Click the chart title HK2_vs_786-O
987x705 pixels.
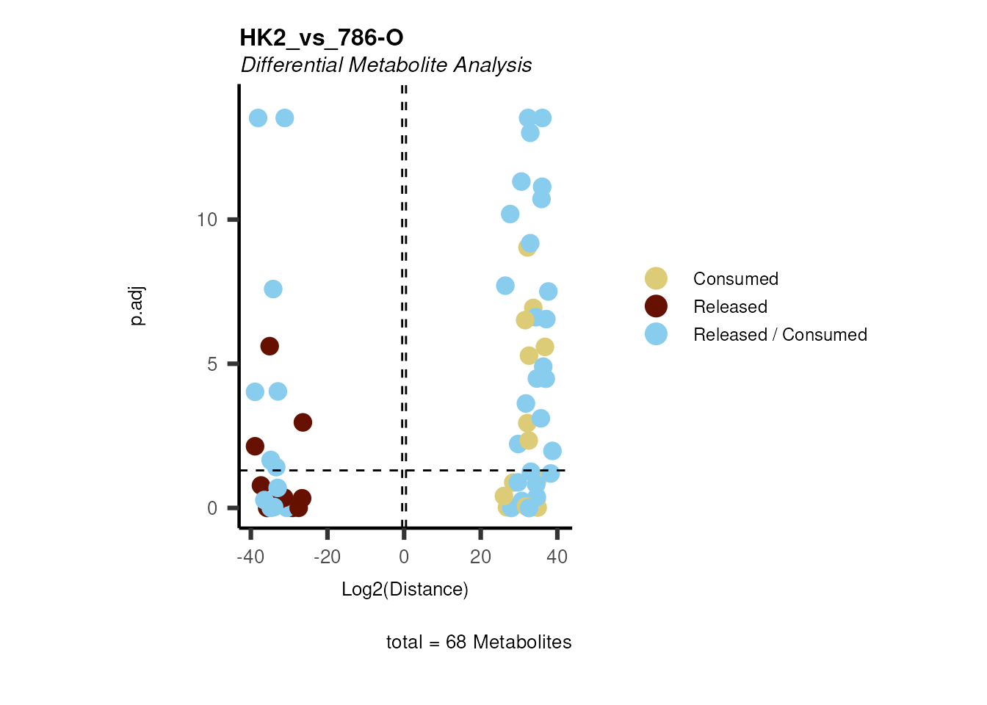tap(322, 37)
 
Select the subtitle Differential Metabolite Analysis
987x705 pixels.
tap(386, 65)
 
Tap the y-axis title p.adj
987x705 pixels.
tap(137, 306)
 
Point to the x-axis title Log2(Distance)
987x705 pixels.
tap(405, 589)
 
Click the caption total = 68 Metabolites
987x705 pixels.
tap(479, 642)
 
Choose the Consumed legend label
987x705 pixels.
tap(735, 279)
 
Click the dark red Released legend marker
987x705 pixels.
tap(656, 306)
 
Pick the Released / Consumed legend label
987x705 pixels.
tap(780, 335)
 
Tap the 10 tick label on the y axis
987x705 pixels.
tap(207, 220)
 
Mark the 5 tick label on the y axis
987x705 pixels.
tap(212, 364)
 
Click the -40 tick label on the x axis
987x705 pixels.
tap(250, 557)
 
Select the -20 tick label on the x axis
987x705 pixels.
tap(327, 557)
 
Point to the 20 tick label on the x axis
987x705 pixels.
tap(480, 557)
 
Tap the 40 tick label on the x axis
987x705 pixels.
tap(557, 557)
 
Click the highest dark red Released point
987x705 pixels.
tap(270, 346)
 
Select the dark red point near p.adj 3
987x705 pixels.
tap(303, 422)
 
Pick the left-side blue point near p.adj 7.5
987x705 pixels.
tap(273, 289)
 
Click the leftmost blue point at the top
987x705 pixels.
tap(258, 118)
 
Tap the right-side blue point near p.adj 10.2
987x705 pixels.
tap(510, 214)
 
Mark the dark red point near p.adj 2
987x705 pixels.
tap(255, 446)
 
